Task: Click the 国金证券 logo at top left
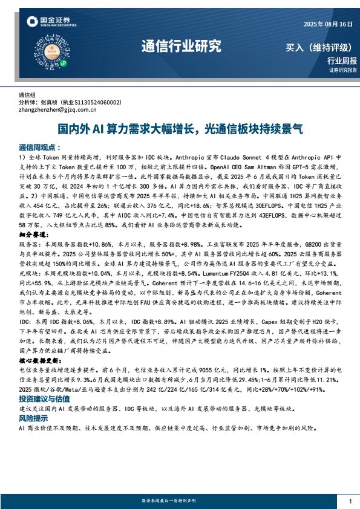51,22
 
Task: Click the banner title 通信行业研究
181,46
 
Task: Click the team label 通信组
28,96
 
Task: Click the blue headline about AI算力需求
180,129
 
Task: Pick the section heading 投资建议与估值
44,400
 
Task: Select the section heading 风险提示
34,418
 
